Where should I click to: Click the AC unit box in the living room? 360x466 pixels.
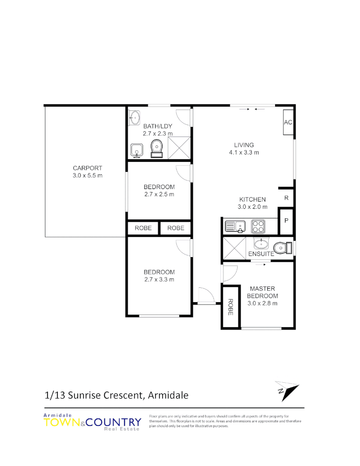pos(288,123)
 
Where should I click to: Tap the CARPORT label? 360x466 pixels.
pos(88,168)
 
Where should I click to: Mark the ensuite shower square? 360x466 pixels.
pos(234,249)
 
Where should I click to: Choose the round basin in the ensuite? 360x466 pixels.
pos(260,245)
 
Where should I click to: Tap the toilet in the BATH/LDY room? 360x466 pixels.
pos(156,148)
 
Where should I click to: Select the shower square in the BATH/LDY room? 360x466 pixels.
pos(179,148)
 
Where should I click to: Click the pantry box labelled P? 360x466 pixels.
pos(286,220)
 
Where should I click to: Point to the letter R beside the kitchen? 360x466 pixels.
pos(286,198)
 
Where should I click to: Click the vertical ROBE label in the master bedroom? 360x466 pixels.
pos(230,307)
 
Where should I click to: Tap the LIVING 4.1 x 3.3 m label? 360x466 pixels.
pos(244,148)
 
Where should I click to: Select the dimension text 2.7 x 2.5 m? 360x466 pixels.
pos(159,194)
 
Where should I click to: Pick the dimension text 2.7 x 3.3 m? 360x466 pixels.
pos(159,279)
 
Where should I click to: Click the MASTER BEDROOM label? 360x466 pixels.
pos(262,292)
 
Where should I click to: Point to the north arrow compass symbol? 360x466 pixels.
pos(286,390)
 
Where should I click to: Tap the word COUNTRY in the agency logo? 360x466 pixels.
pos(113,422)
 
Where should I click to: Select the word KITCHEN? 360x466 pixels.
pos(253,199)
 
